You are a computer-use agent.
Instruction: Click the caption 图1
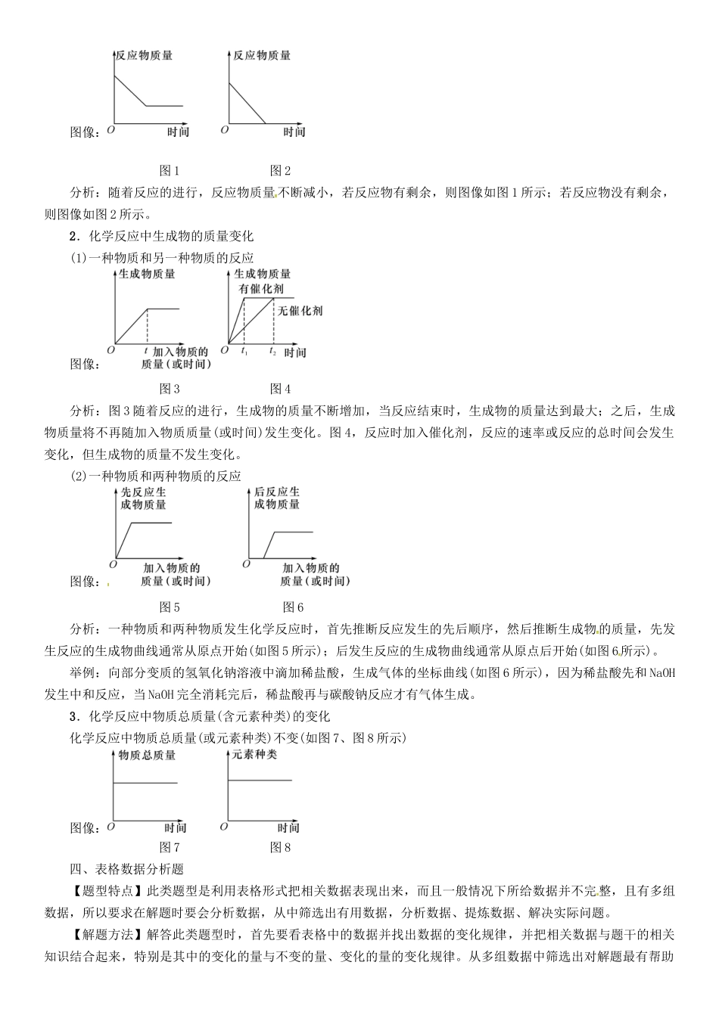[x=169, y=171]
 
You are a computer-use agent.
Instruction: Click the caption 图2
[x=280, y=171]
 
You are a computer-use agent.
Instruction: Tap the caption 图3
[x=169, y=389]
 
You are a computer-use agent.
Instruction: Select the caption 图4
[x=280, y=389]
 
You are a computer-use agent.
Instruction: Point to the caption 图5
[x=169, y=607]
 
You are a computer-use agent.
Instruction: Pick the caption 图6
[x=293, y=607]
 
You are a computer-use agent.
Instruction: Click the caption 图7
[x=169, y=847]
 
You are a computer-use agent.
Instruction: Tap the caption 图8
[x=280, y=847]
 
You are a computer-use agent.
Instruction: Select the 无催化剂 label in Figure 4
[x=300, y=310]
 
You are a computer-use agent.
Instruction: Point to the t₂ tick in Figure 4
[x=272, y=352]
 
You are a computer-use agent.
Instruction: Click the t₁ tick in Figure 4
[x=244, y=352]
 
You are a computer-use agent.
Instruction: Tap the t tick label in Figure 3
[x=146, y=351]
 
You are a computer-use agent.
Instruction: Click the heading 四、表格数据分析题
[x=126, y=870]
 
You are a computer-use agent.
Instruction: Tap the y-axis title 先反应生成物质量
[x=144, y=498]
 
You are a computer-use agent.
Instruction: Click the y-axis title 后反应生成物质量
[x=277, y=498]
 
